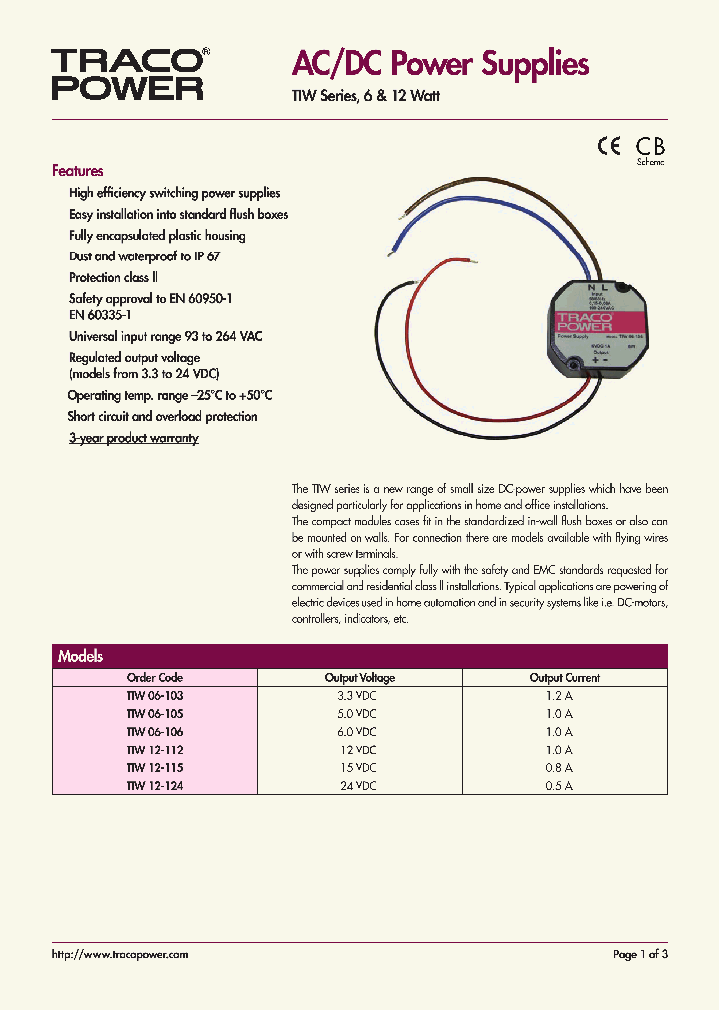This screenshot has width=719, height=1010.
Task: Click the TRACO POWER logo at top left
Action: click(x=128, y=75)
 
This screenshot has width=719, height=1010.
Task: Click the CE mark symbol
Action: click(x=609, y=145)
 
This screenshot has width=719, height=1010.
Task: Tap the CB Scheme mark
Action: click(x=651, y=148)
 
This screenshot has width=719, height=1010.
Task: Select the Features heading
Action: click(x=77, y=171)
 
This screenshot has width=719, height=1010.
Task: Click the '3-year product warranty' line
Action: click(x=133, y=438)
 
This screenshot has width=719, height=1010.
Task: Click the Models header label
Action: click(x=81, y=656)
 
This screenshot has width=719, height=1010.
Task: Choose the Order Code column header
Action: click(x=155, y=678)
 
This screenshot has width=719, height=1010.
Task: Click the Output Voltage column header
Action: click(x=359, y=678)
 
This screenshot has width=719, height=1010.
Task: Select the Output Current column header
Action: click(x=565, y=678)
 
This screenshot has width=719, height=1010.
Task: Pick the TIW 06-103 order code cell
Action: click(x=155, y=696)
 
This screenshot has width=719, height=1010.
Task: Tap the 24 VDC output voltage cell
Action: click(x=359, y=785)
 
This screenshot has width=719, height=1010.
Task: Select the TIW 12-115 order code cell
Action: click(x=155, y=767)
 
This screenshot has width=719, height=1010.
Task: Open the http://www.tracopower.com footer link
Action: click(x=119, y=955)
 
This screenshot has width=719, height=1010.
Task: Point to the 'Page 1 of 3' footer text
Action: click(x=640, y=955)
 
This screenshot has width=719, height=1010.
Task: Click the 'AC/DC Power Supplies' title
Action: click(x=440, y=65)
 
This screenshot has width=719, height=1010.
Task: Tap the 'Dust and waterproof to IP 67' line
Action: click(x=144, y=256)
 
